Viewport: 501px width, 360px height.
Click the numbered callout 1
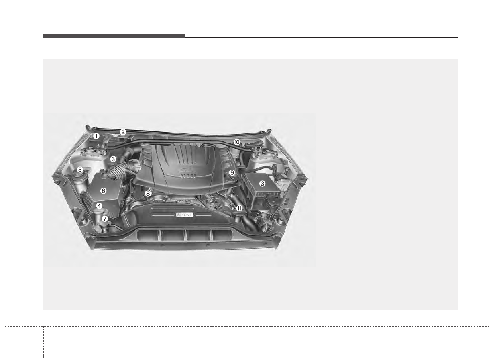click(96, 136)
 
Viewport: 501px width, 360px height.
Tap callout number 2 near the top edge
click(123, 132)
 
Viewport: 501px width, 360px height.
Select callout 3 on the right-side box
click(262, 184)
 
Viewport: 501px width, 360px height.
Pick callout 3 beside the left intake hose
click(113, 159)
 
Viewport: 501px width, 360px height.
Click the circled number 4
click(99, 206)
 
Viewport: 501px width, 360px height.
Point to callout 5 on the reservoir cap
click(80, 170)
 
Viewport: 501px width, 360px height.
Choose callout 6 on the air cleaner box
click(103, 191)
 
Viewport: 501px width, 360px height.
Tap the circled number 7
click(104, 219)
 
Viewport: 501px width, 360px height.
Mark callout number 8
click(148, 193)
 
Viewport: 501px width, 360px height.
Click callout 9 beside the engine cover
click(232, 173)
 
